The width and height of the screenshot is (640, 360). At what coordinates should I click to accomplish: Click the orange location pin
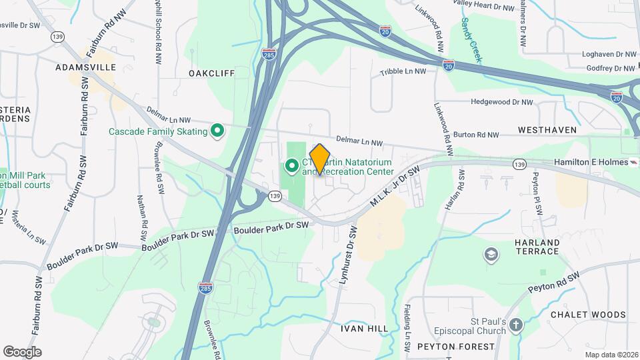tap(320, 159)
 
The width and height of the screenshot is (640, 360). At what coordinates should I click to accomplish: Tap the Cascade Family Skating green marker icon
tap(217, 131)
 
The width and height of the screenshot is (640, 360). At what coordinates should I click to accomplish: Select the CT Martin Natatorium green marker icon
tap(292, 165)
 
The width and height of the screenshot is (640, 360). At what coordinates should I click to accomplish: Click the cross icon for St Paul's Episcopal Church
tap(515, 325)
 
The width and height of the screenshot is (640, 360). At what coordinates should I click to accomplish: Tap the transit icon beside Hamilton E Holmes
tap(635, 162)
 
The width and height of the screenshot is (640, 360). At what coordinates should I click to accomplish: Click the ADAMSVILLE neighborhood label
tap(85, 67)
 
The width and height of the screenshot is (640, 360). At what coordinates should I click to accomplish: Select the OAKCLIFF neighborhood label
tap(211, 73)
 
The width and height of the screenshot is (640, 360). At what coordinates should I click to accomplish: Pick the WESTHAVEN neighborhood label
tap(547, 130)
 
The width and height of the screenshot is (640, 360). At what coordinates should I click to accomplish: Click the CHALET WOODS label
tap(588, 315)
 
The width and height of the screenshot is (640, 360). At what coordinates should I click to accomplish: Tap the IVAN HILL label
tap(364, 329)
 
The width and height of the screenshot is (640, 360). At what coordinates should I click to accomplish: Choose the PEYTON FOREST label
tap(456, 347)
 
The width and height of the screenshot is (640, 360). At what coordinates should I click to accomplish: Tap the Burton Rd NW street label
tap(475, 135)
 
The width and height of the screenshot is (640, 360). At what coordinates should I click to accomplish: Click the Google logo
tap(22, 352)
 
